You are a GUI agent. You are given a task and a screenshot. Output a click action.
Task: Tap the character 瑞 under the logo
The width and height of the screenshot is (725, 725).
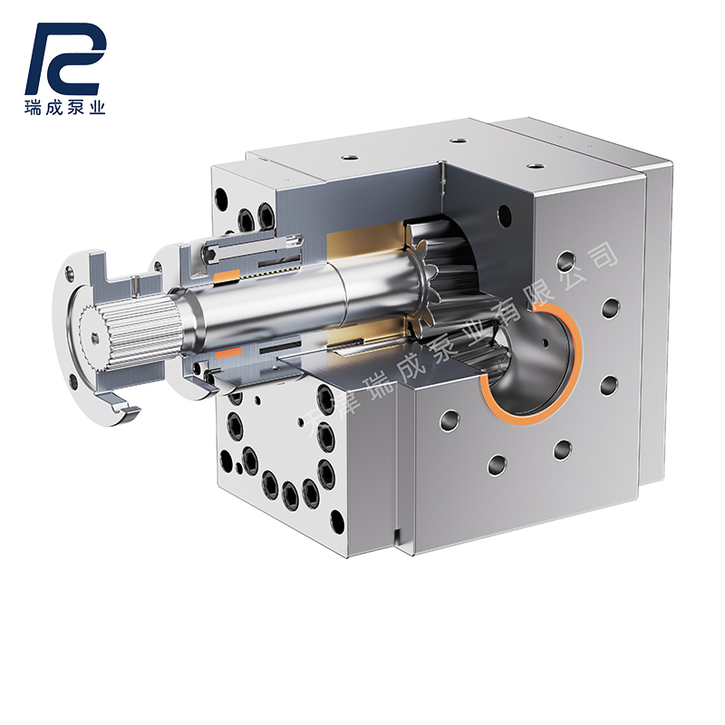click(36, 108)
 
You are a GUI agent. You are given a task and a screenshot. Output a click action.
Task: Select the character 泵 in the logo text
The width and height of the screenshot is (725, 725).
click(76, 108)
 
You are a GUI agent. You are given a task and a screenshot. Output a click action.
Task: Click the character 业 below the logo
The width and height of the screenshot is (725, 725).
click(96, 108)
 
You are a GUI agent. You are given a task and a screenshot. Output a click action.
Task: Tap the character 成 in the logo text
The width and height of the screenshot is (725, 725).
click(56, 108)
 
